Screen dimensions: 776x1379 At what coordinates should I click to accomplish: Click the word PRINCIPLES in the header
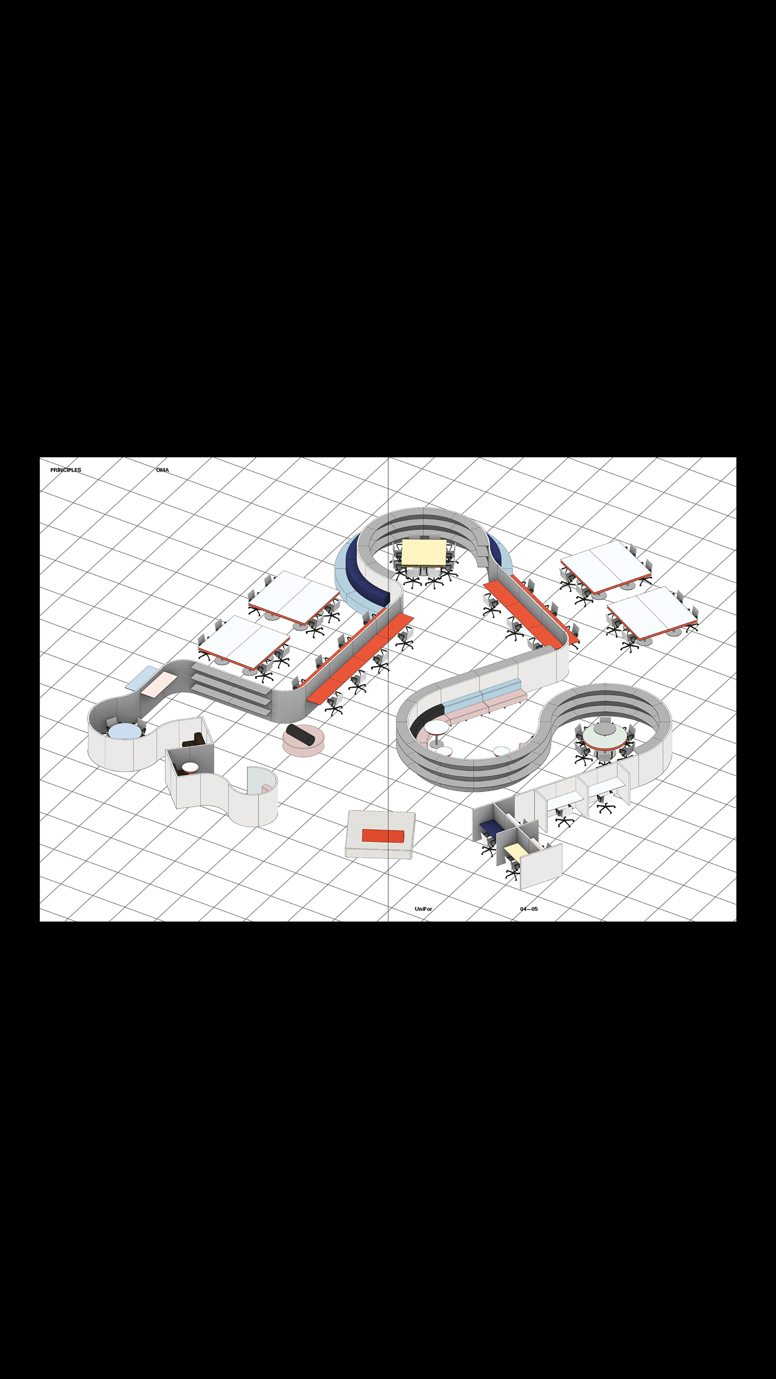tap(66, 470)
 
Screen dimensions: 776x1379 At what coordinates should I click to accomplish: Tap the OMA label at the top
tap(162, 470)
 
